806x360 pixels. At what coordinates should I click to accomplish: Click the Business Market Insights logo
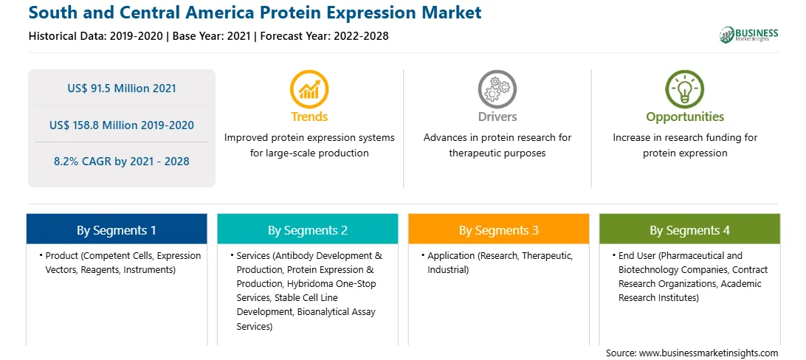749,35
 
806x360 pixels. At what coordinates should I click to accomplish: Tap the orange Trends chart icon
309,89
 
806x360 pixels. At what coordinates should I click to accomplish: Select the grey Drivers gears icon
497,89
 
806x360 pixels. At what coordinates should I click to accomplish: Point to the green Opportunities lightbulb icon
685,89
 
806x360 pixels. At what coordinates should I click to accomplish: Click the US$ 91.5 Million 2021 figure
122,89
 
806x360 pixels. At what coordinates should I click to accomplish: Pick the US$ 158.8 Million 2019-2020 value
122,125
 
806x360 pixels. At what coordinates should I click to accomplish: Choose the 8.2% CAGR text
122,162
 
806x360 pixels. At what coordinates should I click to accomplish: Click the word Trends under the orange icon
309,117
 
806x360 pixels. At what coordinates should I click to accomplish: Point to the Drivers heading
497,117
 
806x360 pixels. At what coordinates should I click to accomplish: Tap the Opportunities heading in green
685,117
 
